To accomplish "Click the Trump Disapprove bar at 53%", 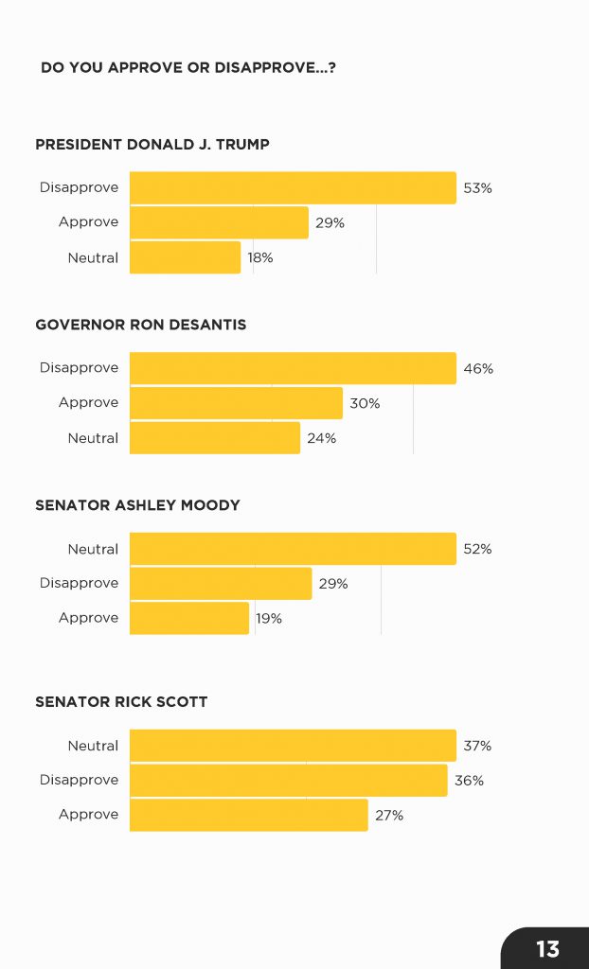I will (x=293, y=187).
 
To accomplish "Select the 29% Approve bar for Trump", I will (x=219, y=222).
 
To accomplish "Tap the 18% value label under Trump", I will (x=260, y=257).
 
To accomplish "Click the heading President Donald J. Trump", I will (x=152, y=145).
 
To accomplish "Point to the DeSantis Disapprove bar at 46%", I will (x=293, y=368).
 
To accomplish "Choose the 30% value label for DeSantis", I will (x=365, y=403).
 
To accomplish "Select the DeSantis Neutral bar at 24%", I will (x=215, y=438).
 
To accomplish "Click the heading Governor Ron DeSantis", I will (x=140, y=325).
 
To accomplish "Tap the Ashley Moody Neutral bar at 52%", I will (x=293, y=549).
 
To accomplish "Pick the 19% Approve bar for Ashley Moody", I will (x=189, y=618).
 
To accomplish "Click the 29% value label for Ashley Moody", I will (x=333, y=584).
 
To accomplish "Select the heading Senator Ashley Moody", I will (x=137, y=505).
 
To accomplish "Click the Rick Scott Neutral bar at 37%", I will (x=293, y=746).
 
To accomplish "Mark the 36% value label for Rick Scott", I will (x=469, y=781).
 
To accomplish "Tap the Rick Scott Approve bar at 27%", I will (x=248, y=815).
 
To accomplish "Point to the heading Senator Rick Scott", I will (x=121, y=702).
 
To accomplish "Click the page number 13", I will (x=547, y=949).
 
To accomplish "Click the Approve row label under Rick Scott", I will (x=88, y=815).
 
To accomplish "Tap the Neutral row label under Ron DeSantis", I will (x=93, y=438).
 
